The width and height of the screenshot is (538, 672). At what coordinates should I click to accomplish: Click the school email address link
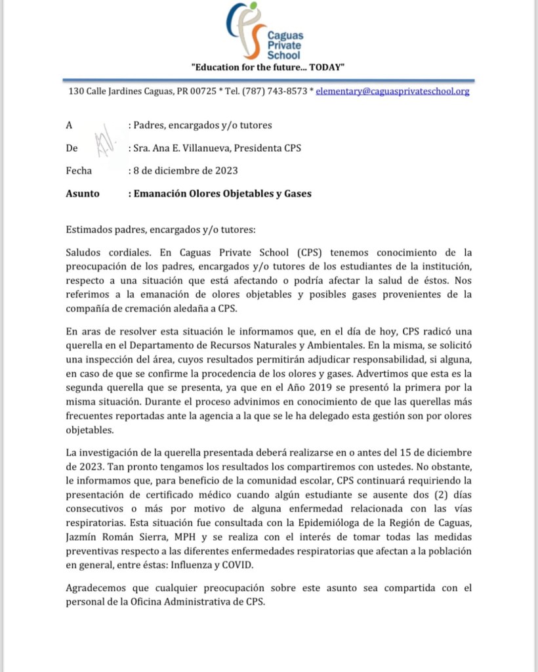pyautogui.click(x=392, y=92)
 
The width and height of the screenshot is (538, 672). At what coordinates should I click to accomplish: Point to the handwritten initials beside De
pyautogui.click(x=103, y=143)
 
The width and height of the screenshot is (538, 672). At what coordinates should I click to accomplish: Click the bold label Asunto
pyautogui.click(x=83, y=194)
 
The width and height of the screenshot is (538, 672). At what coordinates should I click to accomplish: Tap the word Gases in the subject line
pyautogui.click(x=296, y=194)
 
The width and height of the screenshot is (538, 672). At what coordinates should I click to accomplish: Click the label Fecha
pyautogui.click(x=79, y=171)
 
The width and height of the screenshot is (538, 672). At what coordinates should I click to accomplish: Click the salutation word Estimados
pyautogui.click(x=91, y=230)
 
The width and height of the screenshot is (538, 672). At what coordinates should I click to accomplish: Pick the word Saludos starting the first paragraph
pyautogui.click(x=85, y=253)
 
